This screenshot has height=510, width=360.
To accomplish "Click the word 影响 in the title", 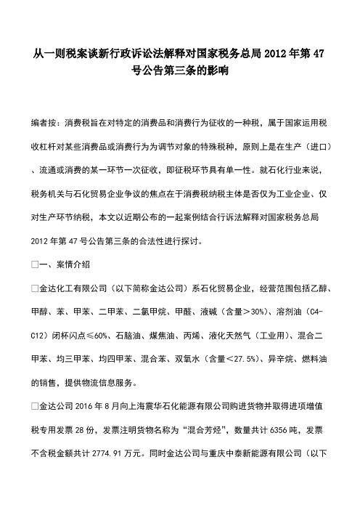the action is (x=218, y=70).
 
